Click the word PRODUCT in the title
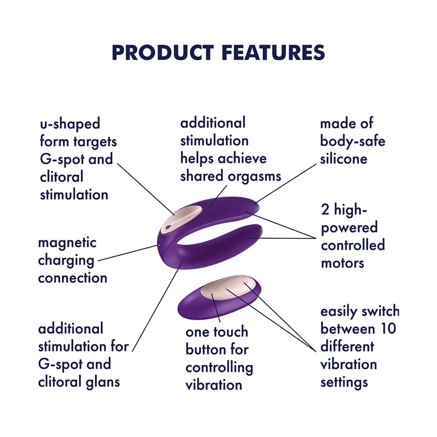[x=162, y=53]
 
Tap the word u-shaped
[x=70, y=124]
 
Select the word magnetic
[x=67, y=243]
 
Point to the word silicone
[x=344, y=159]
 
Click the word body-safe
[x=353, y=142]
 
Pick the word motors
[x=343, y=263]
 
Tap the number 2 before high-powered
[x=325, y=210]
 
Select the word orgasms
[x=254, y=177]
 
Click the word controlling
[x=219, y=368]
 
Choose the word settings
[x=344, y=382]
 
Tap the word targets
[x=95, y=142]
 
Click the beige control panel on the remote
[x=228, y=288]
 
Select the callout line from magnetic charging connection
[x=127, y=253]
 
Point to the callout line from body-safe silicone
[x=286, y=183]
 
